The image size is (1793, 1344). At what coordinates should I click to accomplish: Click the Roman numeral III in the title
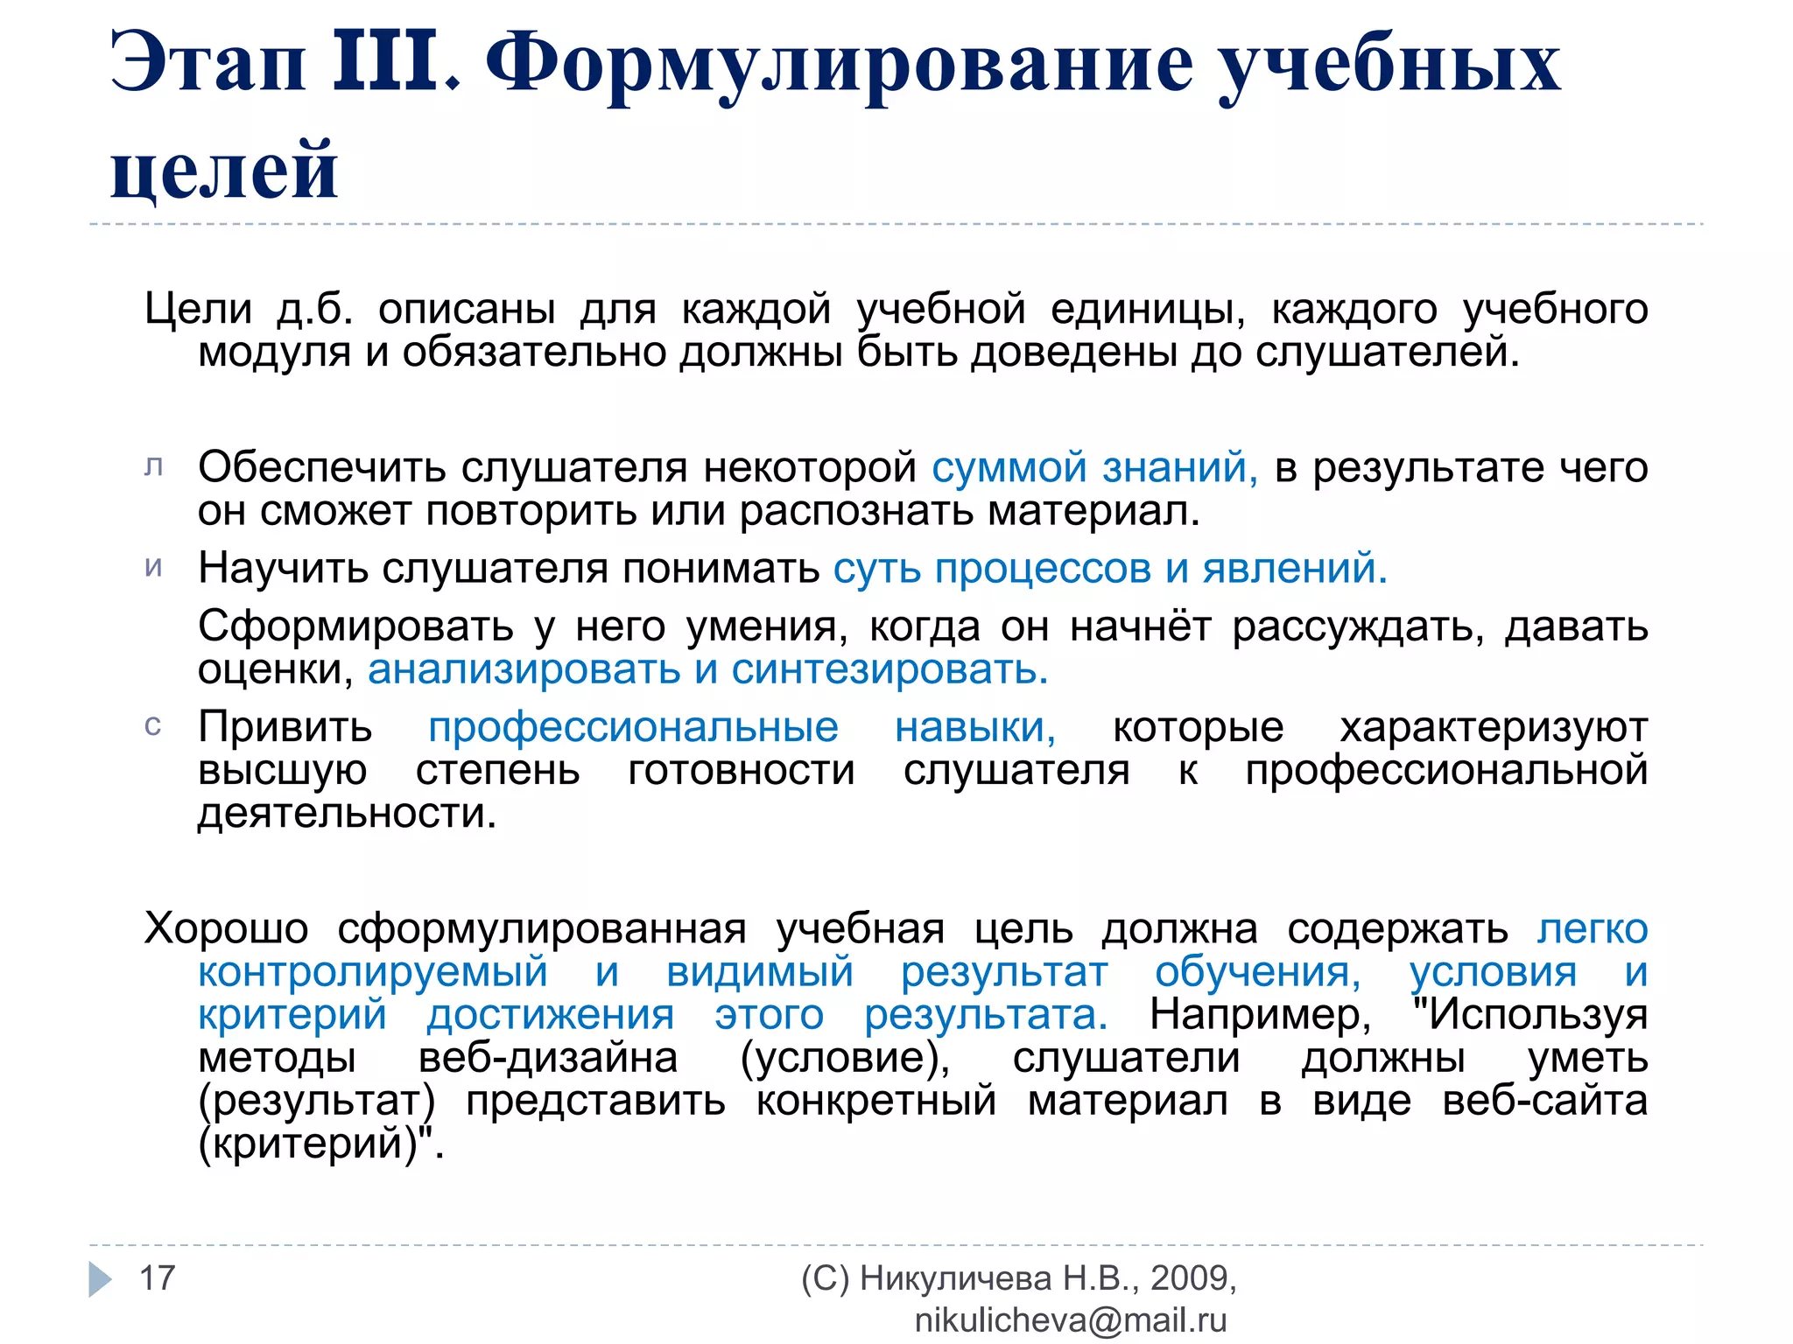(x=386, y=63)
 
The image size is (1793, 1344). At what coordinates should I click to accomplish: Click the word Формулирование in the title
(x=839, y=66)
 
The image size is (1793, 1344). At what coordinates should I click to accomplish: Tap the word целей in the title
(x=224, y=171)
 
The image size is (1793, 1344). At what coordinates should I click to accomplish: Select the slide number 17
(x=158, y=1278)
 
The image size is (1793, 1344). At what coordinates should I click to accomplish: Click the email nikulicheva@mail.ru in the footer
(x=1071, y=1320)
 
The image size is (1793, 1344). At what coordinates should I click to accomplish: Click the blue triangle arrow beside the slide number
(x=101, y=1279)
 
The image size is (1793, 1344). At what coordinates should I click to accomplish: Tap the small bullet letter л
(x=153, y=467)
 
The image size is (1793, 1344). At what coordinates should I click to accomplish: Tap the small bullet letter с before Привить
(x=152, y=726)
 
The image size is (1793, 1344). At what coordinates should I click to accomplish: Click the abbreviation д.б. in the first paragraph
(x=315, y=309)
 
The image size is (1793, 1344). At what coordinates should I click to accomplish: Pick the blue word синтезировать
(x=889, y=670)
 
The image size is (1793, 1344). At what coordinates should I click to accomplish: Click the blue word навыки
(x=974, y=727)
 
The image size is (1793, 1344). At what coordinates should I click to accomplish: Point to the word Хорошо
(x=227, y=928)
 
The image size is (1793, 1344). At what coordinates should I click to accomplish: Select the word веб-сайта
(x=1544, y=1101)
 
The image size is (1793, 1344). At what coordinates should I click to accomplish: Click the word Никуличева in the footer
(x=955, y=1278)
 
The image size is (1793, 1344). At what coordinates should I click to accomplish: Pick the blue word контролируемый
(x=373, y=972)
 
